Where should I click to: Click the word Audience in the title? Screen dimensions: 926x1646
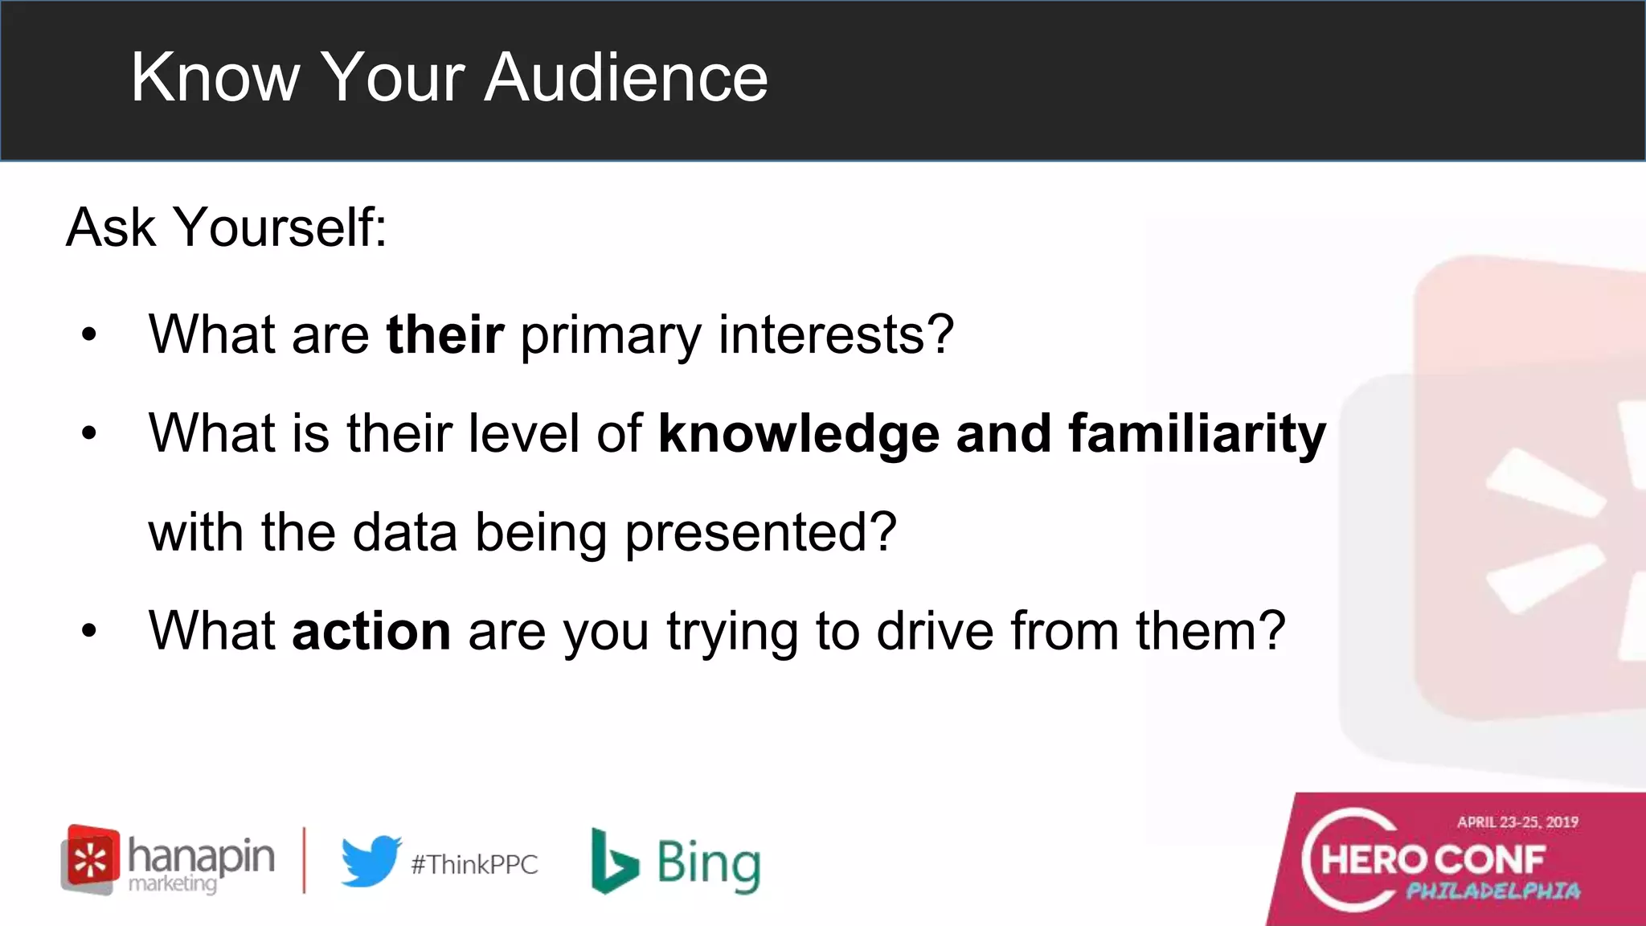coord(626,77)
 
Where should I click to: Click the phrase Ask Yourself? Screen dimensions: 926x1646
coord(227,227)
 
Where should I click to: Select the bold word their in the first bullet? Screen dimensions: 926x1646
coord(445,334)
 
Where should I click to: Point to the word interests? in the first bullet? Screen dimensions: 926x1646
coord(836,334)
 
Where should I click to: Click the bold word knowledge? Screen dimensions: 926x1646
coord(799,434)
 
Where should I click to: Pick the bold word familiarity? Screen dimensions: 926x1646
coord(1197,434)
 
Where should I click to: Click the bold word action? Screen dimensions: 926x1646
coord(371,632)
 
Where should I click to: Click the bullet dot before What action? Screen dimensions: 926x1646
coord(88,632)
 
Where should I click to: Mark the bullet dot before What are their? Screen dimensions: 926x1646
coord(88,334)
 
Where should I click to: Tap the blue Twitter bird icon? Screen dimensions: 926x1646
coord(371,861)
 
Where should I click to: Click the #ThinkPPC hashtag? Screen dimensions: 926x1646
coord(474,865)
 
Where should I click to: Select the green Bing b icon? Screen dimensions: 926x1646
coord(613,862)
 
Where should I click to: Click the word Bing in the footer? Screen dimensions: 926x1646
coord(708,865)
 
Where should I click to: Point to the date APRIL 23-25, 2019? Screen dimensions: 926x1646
coord(1517,822)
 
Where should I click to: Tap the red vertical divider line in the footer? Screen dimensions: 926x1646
coord(304,860)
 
